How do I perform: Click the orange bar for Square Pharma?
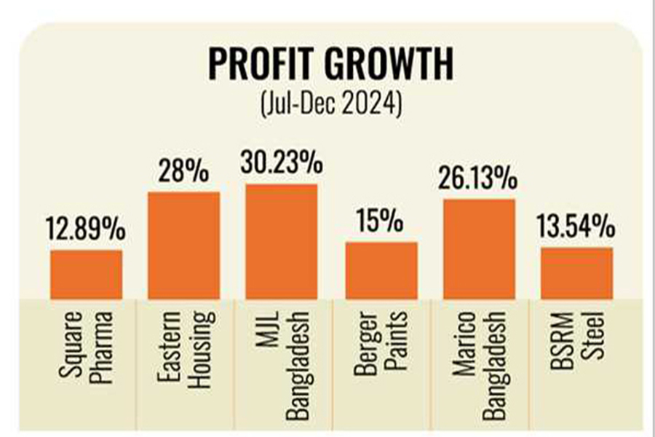click(x=86, y=274)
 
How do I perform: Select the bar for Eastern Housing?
click(x=183, y=245)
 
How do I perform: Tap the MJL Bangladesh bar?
click(x=281, y=241)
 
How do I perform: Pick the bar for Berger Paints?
click(x=381, y=269)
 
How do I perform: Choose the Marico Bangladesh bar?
click(x=480, y=248)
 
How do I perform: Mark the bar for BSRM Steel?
click(x=577, y=272)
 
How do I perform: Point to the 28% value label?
click(x=183, y=173)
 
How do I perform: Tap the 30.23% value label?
click(x=282, y=165)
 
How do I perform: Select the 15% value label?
click(x=381, y=222)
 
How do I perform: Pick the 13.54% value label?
click(x=577, y=227)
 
